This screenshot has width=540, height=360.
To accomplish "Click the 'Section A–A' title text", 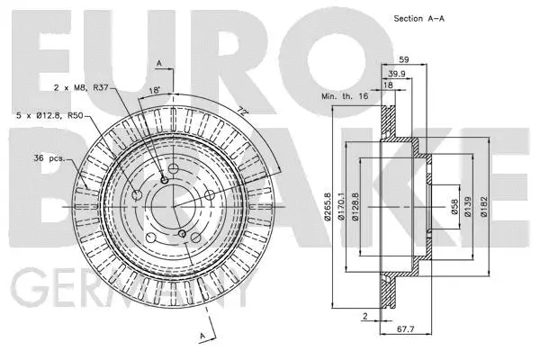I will point(420,19).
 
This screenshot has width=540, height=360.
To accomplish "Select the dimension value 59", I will point(403,61).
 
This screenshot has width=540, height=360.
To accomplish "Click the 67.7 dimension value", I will point(405,330).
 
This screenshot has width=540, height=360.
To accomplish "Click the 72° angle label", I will point(241,110).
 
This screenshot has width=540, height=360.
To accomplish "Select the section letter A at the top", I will point(159,63).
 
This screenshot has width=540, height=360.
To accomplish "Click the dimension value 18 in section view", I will point(389,85).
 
